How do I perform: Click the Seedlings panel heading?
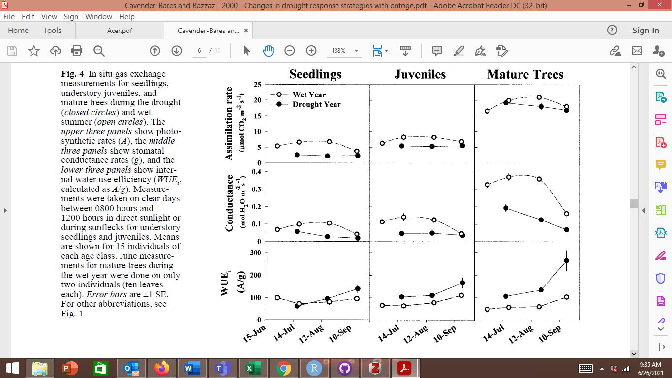point(315,74)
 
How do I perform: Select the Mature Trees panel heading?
point(525,74)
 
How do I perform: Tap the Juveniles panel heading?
point(420,74)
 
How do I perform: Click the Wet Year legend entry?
point(309,94)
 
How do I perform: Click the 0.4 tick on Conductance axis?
point(255,172)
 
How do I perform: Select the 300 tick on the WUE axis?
point(255,252)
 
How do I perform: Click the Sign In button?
point(645,31)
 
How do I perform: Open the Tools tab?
point(52,31)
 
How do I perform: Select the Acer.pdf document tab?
point(120,31)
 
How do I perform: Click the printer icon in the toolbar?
point(76,51)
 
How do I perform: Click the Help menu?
point(126,16)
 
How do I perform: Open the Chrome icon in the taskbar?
point(283,368)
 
